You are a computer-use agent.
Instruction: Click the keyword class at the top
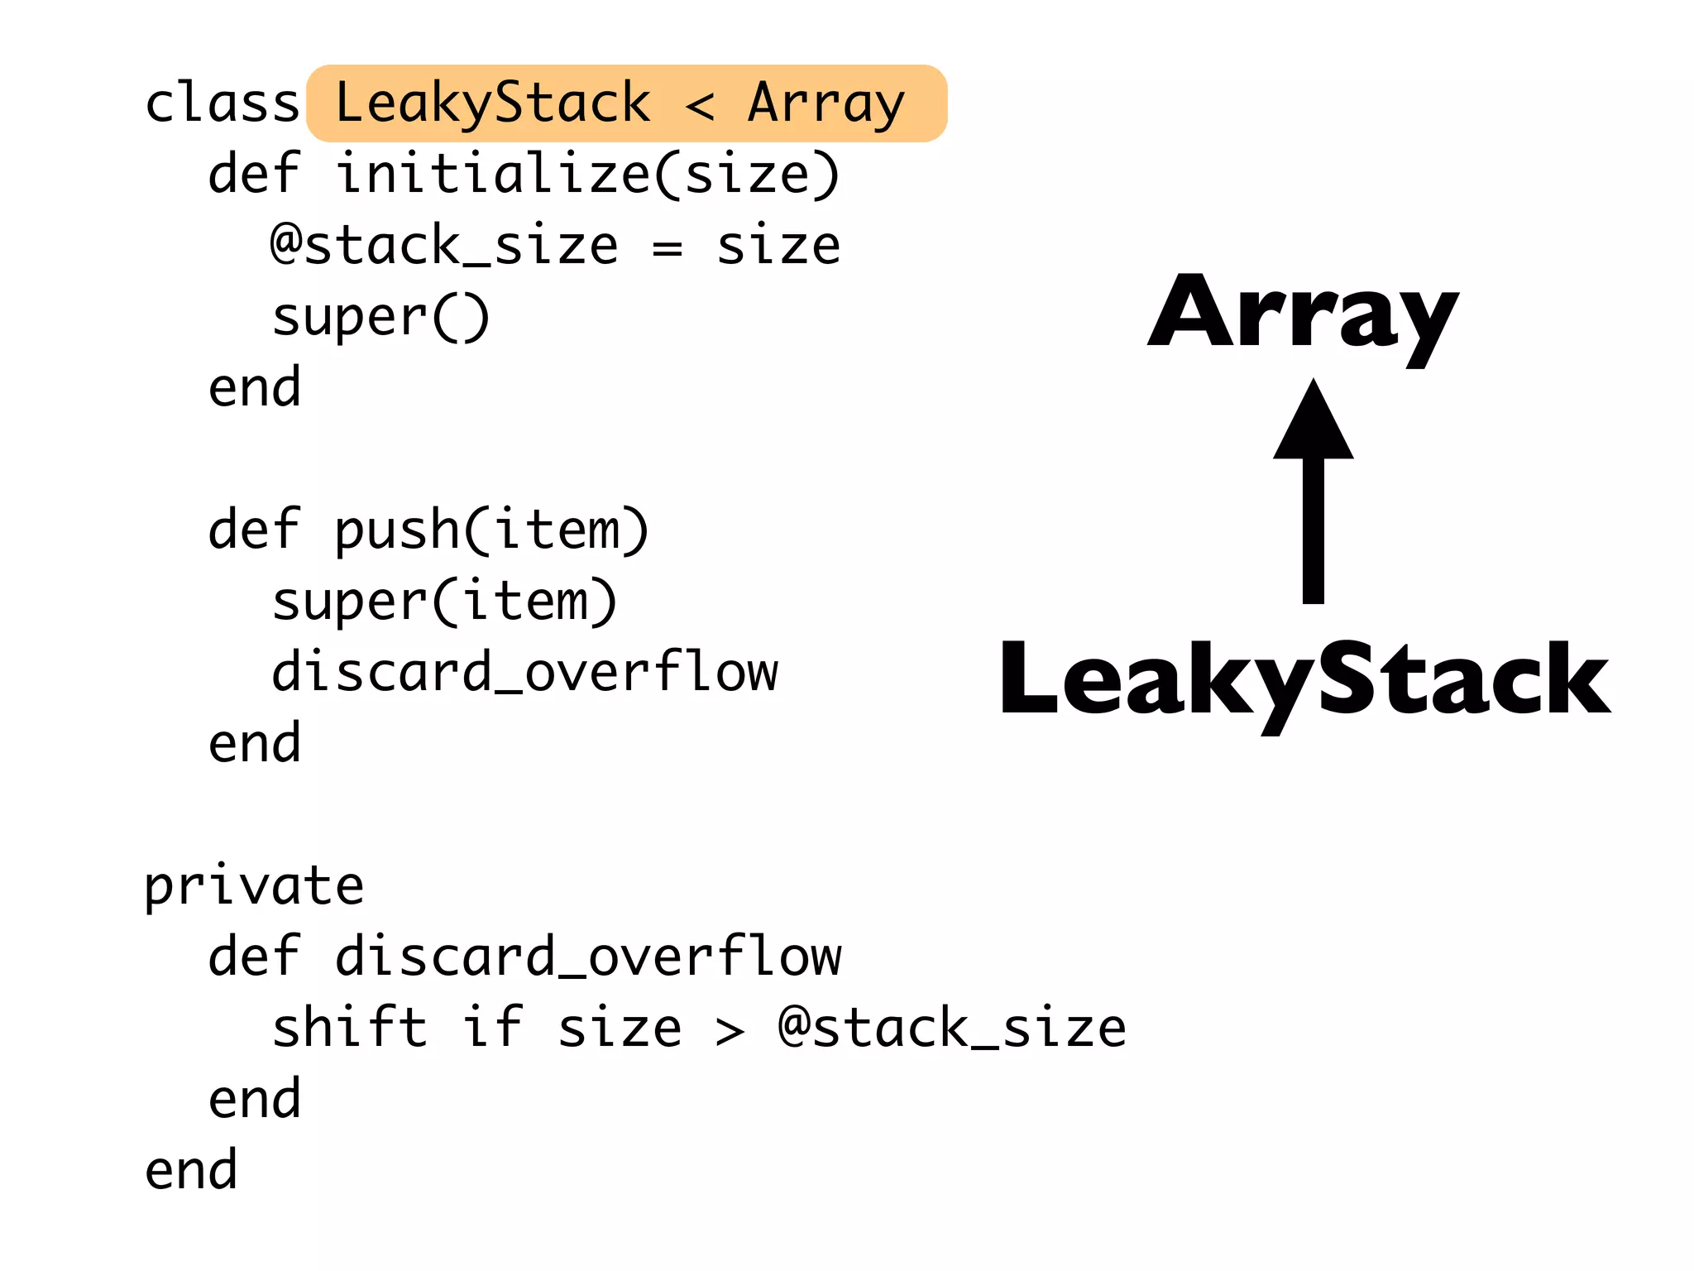(x=222, y=103)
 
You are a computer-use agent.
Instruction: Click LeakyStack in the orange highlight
(x=493, y=103)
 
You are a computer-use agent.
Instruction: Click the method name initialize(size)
(x=587, y=175)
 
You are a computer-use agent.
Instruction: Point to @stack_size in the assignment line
(x=444, y=246)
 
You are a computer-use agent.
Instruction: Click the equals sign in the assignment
(x=667, y=247)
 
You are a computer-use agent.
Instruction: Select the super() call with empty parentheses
(x=380, y=318)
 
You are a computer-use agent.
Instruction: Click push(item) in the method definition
(x=491, y=530)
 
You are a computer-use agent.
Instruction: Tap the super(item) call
(x=444, y=602)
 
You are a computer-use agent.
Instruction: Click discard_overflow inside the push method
(x=524, y=672)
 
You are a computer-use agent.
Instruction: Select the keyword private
(x=254, y=887)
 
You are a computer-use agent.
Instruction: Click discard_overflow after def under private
(x=587, y=957)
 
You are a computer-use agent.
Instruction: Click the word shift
(x=349, y=1028)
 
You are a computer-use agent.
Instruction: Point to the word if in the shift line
(x=492, y=1028)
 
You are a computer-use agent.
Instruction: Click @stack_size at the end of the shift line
(x=951, y=1029)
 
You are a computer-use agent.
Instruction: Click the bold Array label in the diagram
(x=1303, y=314)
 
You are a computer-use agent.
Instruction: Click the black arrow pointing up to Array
(x=1313, y=496)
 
